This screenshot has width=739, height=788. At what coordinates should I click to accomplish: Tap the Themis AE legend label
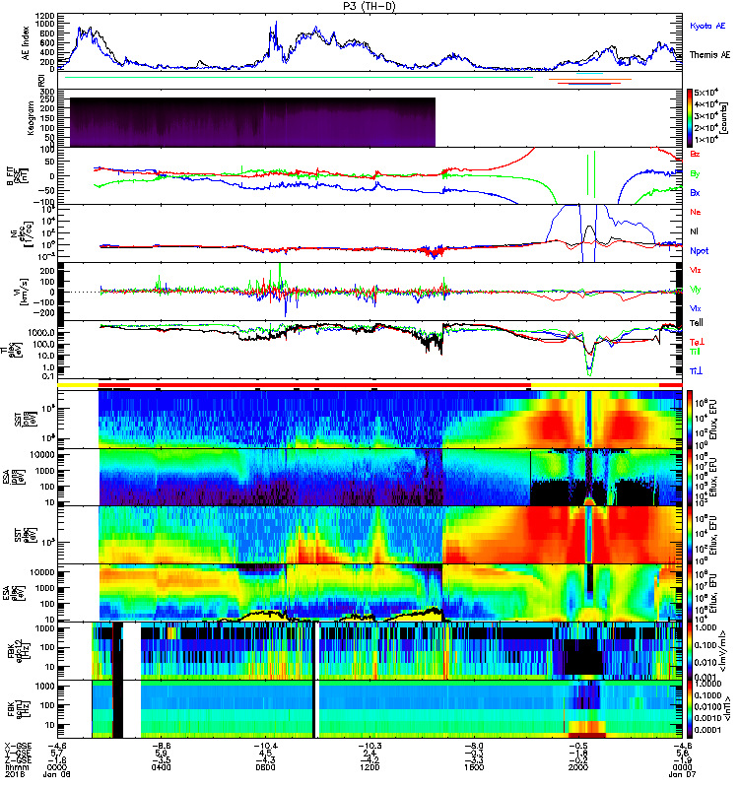[709, 56]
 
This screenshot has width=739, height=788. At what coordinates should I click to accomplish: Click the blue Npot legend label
[700, 251]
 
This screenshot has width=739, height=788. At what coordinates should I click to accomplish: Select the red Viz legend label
[697, 270]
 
